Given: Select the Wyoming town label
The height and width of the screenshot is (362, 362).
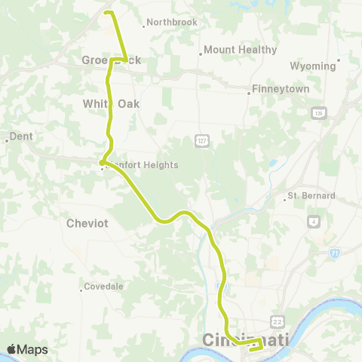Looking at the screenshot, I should (x=312, y=66).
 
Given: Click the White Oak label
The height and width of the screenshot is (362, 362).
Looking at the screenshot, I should (x=111, y=103).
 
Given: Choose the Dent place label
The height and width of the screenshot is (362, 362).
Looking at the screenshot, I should (x=20, y=138).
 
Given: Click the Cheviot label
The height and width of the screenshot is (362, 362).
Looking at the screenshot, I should (x=89, y=223).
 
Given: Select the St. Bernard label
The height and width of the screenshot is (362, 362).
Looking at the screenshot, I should (x=311, y=197).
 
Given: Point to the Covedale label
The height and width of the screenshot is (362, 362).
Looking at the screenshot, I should (x=103, y=287).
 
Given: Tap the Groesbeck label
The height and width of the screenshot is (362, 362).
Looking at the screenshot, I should (x=111, y=60).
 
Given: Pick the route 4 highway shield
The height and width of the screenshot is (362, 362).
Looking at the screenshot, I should (x=313, y=222).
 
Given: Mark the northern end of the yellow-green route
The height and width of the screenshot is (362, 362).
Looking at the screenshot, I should (x=106, y=12).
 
